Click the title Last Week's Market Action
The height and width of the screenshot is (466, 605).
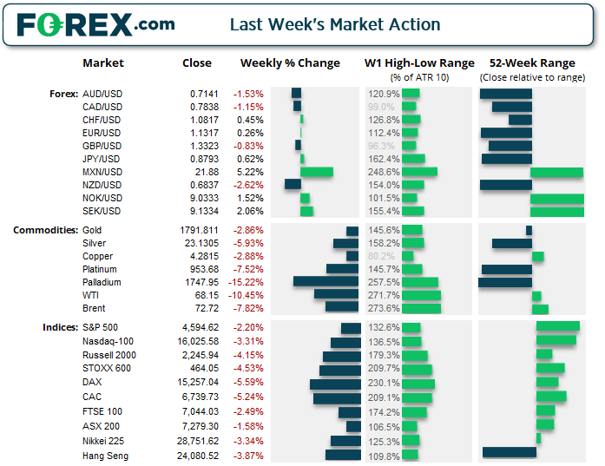[x=334, y=24]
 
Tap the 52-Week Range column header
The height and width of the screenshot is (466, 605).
[x=531, y=63]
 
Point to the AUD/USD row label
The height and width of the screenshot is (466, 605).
[x=102, y=94]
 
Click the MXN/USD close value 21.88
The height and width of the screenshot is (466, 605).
[x=207, y=172]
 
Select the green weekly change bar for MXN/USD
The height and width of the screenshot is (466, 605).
[x=317, y=172]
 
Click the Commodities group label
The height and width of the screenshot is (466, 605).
[x=44, y=230]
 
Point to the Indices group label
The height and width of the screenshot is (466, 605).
[x=58, y=327]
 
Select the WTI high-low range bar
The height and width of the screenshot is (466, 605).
[x=422, y=295]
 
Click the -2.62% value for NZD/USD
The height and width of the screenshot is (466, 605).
[x=249, y=185]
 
